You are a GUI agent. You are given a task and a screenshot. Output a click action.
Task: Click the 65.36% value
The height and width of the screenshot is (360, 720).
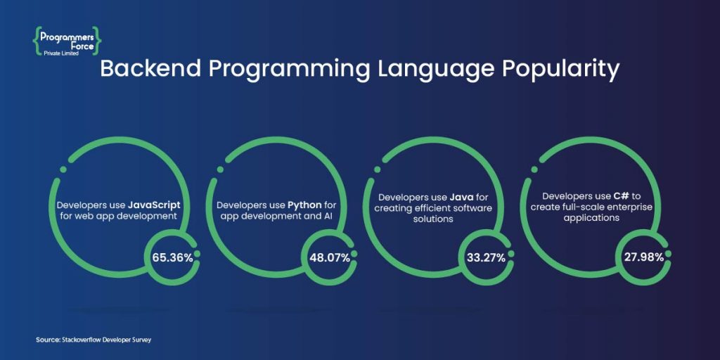point(172,257)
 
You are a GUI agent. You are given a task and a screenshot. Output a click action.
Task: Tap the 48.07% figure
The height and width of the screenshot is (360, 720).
point(330,257)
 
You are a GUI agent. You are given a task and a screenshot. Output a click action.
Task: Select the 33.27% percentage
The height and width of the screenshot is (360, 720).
point(486,257)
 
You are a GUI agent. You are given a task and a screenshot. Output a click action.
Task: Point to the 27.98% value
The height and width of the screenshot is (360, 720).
point(643,257)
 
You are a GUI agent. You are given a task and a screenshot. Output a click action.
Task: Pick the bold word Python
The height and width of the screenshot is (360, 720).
point(305,205)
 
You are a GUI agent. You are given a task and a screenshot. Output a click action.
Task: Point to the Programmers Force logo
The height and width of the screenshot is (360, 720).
point(67,40)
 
